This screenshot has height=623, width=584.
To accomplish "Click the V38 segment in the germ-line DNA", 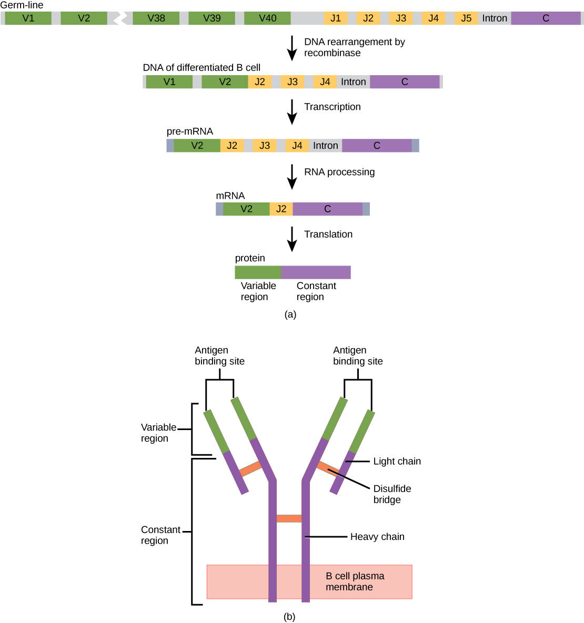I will (x=156, y=18).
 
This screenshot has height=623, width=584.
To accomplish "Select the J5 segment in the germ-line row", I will (x=466, y=18).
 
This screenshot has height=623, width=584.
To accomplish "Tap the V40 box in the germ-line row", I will (x=267, y=18).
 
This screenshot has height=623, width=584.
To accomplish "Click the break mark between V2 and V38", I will (x=120, y=18).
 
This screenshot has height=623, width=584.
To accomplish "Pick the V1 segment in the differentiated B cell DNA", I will (x=169, y=82).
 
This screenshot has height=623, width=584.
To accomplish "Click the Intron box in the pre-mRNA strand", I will (x=325, y=146).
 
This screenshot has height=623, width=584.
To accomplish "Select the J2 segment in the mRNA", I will (x=281, y=209).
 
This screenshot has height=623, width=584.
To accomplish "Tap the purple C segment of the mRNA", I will (x=327, y=209).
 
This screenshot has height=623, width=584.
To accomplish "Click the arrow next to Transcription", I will (x=292, y=111).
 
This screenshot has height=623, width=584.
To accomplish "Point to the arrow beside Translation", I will (x=292, y=239).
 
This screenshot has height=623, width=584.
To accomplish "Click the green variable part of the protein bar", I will (x=258, y=272).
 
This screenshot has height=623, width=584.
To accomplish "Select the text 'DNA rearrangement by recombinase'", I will (x=354, y=47).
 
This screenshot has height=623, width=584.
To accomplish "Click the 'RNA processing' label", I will (x=339, y=172).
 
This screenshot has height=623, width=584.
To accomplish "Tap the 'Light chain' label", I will (x=397, y=461).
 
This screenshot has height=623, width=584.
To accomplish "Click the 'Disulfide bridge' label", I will (x=392, y=494).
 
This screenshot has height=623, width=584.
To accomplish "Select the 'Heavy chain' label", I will (x=377, y=537).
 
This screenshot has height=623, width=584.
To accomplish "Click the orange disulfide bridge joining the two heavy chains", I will (x=289, y=519).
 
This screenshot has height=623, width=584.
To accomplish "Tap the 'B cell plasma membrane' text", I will (x=355, y=581).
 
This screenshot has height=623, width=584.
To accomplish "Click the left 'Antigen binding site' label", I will (x=219, y=356).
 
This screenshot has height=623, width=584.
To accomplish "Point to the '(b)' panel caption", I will (x=289, y=617).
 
